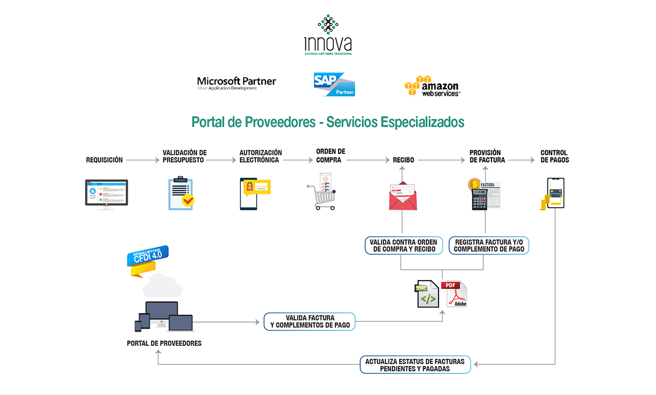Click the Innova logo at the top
[x=328, y=35]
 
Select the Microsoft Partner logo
[x=236, y=84]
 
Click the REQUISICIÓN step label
[x=104, y=160]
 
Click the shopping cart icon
[x=321, y=192]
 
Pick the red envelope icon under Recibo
[x=403, y=196]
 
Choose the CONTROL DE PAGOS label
[x=554, y=157]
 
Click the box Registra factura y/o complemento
[x=489, y=246]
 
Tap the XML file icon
[x=426, y=295]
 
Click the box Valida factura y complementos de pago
[x=310, y=321]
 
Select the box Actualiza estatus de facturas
[x=415, y=365]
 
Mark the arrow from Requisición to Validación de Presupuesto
[x=142, y=160]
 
